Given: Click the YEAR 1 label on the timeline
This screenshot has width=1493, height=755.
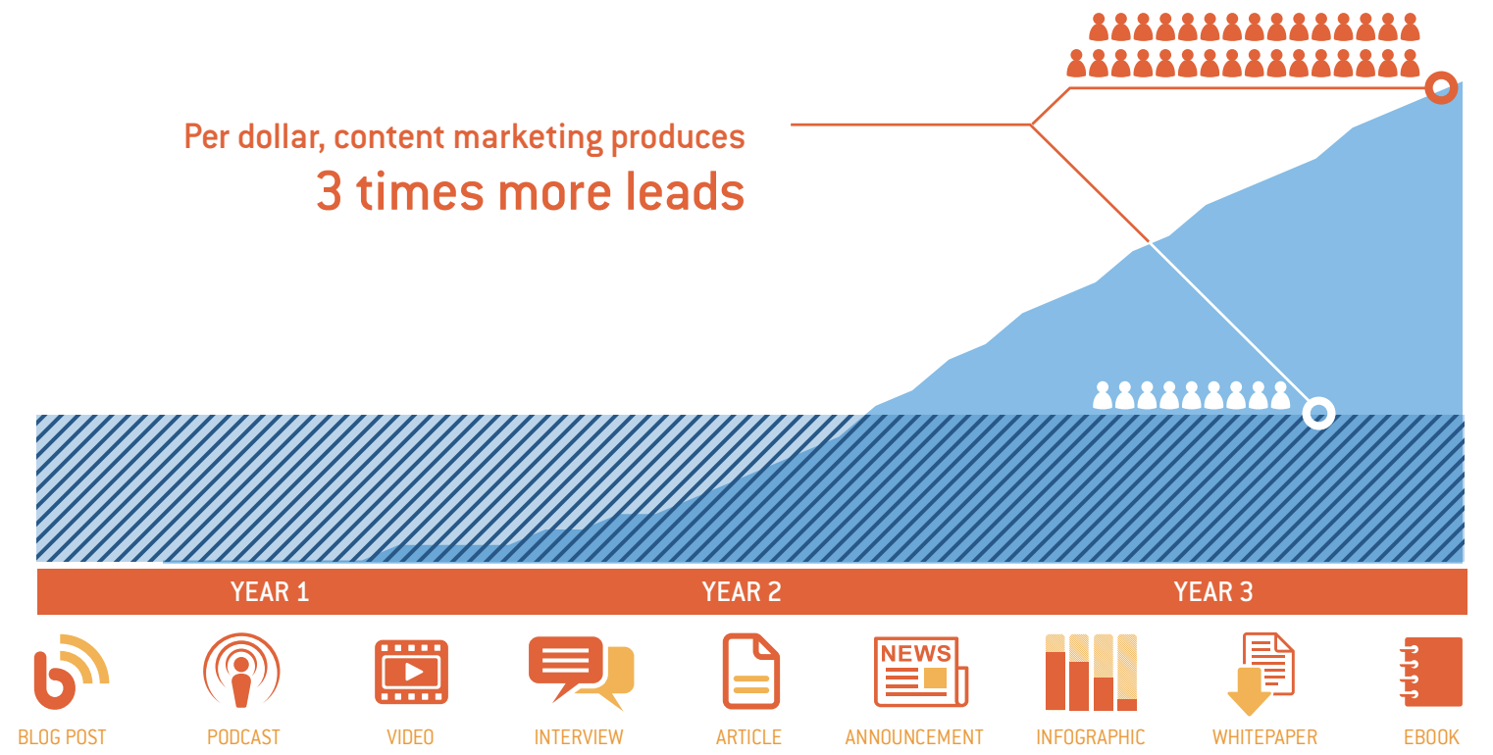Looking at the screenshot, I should [x=270, y=592].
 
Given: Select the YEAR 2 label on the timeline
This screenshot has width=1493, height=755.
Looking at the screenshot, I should [x=742, y=592].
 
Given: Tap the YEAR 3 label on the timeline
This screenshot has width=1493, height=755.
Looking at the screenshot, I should [x=1213, y=592].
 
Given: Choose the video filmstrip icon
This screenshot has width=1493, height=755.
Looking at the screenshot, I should [x=411, y=672].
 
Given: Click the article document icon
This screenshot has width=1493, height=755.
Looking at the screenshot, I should [x=750, y=672].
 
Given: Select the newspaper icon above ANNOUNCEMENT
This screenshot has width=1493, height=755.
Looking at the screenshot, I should [x=920, y=673].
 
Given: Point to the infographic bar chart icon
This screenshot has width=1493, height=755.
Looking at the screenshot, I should [x=1091, y=673].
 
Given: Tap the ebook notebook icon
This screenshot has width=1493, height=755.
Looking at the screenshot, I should [x=1432, y=673].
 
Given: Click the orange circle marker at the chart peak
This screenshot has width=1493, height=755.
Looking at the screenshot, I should [x=1441, y=88].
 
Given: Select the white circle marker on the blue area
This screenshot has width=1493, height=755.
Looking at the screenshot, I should [x=1318, y=413].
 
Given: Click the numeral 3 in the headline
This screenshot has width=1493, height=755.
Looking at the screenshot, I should [x=330, y=192].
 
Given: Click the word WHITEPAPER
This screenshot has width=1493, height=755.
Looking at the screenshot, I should [x=1264, y=737].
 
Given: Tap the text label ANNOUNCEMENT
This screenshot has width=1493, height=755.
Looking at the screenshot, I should [x=914, y=737].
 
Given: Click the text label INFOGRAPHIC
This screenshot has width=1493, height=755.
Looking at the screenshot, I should [x=1091, y=737].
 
